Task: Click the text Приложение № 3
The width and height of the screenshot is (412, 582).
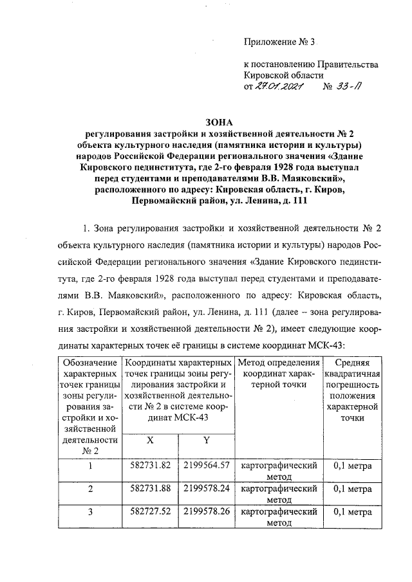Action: (281, 43)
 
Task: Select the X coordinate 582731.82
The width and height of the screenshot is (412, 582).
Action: (150, 464)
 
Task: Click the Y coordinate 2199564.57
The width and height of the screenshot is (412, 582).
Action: (207, 464)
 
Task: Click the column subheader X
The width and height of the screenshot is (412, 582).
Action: (150, 441)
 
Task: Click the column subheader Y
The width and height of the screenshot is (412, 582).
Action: (207, 441)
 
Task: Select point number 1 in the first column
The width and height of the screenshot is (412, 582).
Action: (91, 466)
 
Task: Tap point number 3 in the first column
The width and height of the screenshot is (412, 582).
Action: (91, 513)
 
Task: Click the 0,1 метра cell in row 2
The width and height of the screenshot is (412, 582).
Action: (353, 489)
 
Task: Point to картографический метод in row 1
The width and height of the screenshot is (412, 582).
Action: (278, 470)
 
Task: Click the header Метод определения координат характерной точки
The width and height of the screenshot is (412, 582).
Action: (278, 372)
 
